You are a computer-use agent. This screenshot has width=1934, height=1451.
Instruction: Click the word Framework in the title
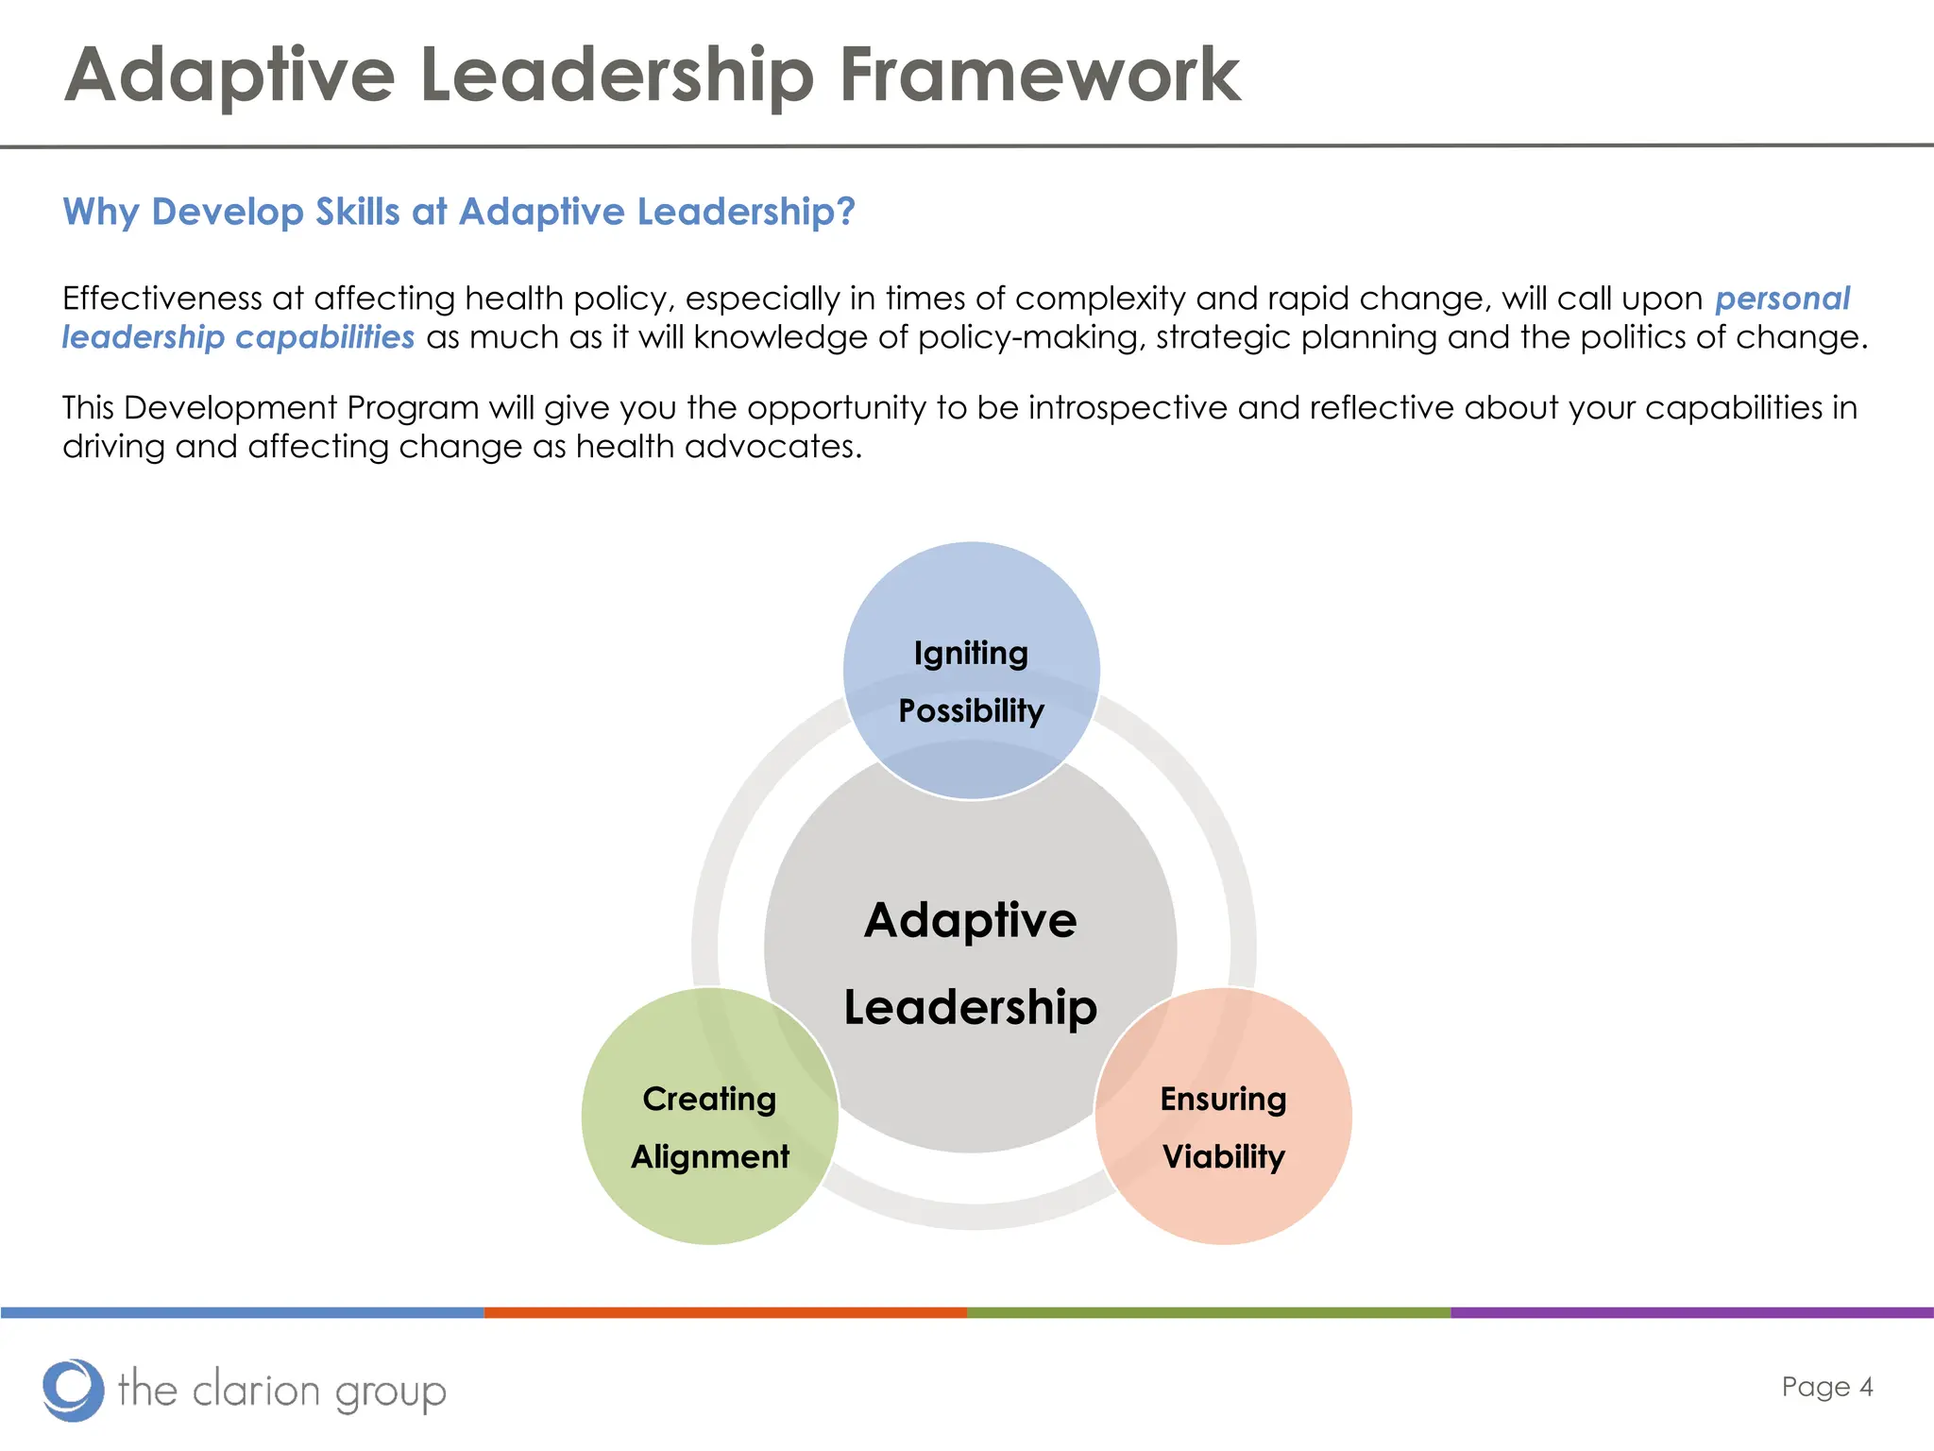(x=1039, y=76)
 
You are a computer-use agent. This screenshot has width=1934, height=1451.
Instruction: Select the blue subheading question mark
(x=845, y=212)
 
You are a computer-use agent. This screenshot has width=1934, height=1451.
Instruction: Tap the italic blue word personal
(x=1782, y=299)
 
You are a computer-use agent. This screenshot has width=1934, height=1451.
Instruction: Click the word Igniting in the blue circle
(x=971, y=654)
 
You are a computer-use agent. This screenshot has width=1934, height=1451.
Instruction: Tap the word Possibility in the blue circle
(x=971, y=711)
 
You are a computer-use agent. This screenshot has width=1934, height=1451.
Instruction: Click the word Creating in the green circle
(x=709, y=1100)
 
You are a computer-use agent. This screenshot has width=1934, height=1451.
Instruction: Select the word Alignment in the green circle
(x=710, y=1157)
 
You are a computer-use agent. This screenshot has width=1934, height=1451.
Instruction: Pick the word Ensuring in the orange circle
(x=1223, y=1100)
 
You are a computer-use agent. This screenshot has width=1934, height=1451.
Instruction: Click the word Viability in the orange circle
(x=1223, y=1157)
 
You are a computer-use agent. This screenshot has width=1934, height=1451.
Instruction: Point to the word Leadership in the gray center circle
(x=970, y=1008)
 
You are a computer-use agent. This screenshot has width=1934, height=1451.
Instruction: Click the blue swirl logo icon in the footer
(x=73, y=1390)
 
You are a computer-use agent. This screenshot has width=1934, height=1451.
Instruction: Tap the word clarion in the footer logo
(x=256, y=1391)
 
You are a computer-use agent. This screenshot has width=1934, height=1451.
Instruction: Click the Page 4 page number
(x=1826, y=1387)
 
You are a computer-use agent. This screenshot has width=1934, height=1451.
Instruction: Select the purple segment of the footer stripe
(x=1691, y=1313)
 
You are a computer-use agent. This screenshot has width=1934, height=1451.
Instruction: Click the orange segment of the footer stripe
(x=725, y=1313)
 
